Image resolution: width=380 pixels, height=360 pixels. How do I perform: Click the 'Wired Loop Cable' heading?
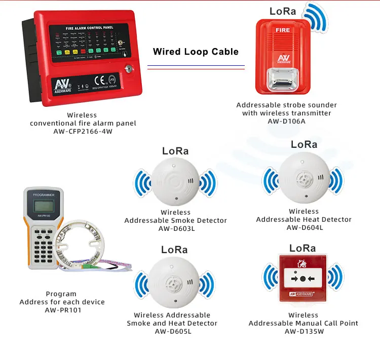tap(196, 52)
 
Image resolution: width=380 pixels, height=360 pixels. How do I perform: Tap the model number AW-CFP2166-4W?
tap(83, 131)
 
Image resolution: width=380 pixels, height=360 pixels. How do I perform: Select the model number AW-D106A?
tap(286, 121)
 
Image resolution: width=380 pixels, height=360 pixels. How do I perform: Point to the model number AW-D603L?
tap(176, 228)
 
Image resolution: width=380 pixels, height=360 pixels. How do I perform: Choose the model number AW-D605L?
tap(172, 331)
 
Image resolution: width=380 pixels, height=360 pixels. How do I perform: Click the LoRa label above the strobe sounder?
tap(283, 11)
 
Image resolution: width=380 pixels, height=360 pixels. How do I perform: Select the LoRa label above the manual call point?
tap(302, 248)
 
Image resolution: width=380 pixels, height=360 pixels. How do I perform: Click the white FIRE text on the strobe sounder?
tap(283, 30)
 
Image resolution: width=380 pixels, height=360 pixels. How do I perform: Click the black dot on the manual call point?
tap(302, 278)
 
